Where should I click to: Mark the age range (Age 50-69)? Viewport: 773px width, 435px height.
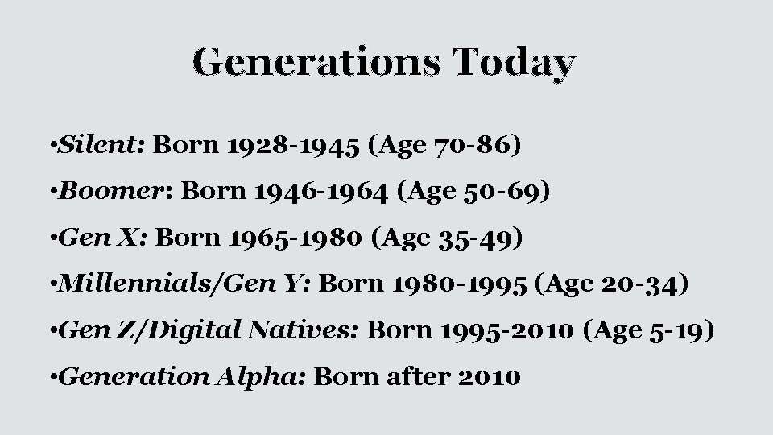473,193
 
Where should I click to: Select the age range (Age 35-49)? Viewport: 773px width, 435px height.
444,238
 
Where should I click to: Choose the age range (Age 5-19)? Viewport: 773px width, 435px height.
650,331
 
